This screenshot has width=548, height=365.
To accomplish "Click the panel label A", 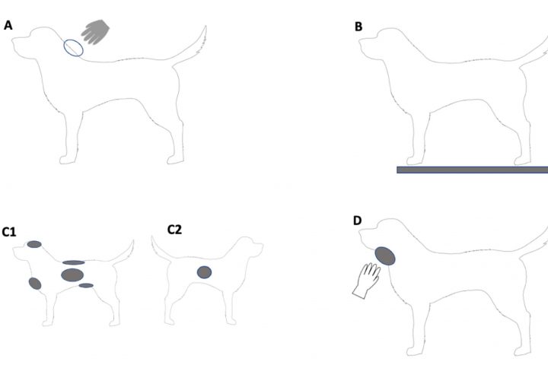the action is tap(8, 26).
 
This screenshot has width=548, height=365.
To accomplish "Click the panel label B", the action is tap(358, 27).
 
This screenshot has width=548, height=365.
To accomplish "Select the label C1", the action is tap(8, 232).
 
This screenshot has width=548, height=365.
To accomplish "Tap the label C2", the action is tap(174, 230).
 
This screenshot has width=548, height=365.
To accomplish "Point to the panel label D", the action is tap(357, 221).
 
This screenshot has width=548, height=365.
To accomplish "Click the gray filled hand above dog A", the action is tap(95, 32).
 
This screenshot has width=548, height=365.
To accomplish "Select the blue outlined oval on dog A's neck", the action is tap(73, 48).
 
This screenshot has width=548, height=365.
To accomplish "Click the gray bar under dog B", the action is tap(472, 170).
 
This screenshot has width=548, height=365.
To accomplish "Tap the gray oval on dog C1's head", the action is tap(34, 244).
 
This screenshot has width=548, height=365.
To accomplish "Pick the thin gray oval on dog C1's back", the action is tap(73, 262).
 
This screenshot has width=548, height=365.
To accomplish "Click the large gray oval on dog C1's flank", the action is tap(72, 275).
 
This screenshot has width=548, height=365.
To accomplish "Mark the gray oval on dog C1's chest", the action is tap(35, 284).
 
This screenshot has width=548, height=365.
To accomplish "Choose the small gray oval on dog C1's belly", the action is tap(86, 285).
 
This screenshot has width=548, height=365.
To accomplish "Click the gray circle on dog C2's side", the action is tap(204, 272).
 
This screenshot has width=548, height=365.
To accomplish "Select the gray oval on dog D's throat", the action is tap(385, 256).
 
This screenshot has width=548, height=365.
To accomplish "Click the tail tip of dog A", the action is tap(205, 26).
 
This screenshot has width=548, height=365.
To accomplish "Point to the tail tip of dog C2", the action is tap(152, 236).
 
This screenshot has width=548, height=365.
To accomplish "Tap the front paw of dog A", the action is tap(67, 160).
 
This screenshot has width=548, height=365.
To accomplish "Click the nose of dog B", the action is tap(360, 42).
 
